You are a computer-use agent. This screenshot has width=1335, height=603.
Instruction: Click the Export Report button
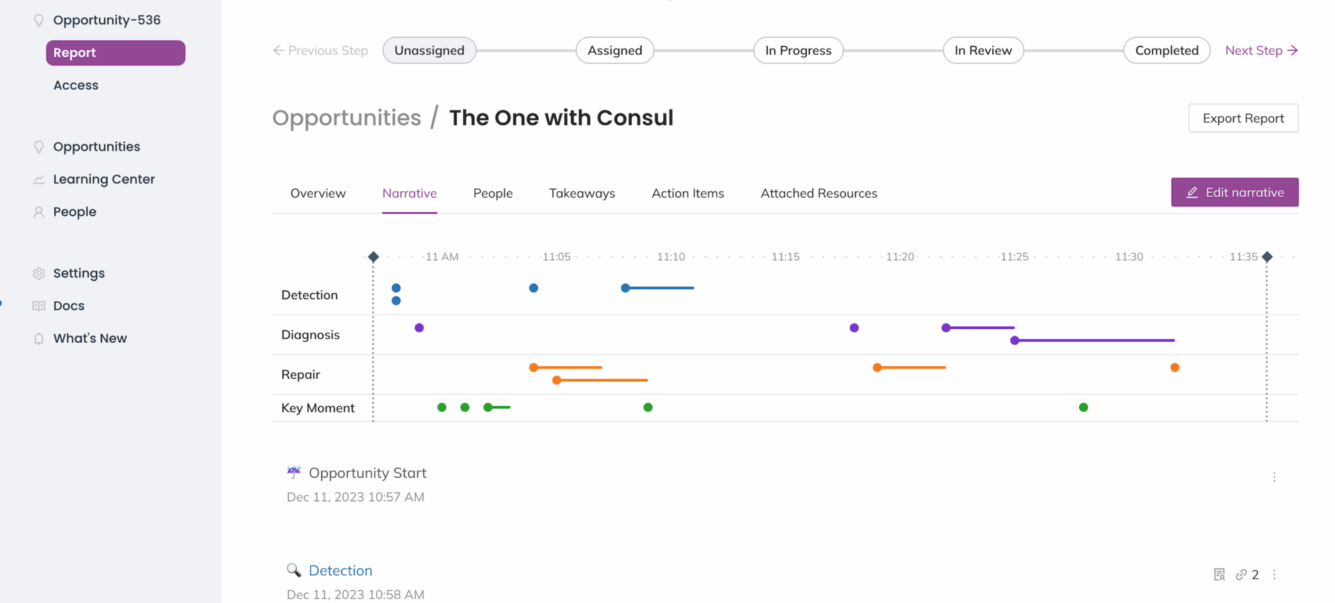1243,118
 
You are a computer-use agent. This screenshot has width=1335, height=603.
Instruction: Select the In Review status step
982,50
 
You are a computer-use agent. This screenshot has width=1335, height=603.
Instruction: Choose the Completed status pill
1166,50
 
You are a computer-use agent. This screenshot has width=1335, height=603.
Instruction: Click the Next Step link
1261,50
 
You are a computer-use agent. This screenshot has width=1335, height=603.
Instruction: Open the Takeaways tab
581,193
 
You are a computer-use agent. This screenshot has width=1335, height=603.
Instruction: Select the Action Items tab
687,193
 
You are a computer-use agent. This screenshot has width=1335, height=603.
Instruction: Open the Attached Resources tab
818,193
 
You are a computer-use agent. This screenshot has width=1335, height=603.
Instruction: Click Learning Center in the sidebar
104,179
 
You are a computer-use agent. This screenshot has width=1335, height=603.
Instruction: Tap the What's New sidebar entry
90,338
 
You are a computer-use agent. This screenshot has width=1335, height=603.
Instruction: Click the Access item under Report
76,85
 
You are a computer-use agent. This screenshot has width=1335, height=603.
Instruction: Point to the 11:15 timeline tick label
785,257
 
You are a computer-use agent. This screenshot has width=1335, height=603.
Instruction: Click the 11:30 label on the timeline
1128,257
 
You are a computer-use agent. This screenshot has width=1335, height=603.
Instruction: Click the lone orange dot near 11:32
1174,367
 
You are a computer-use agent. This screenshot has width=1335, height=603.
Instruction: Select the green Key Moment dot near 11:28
1083,408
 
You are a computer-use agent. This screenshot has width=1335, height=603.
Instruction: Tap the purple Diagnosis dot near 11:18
854,328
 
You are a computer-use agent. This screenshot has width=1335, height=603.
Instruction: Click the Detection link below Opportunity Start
340,570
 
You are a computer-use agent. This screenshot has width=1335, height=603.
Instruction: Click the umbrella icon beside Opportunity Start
293,472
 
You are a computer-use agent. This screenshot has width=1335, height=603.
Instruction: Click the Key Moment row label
318,408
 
